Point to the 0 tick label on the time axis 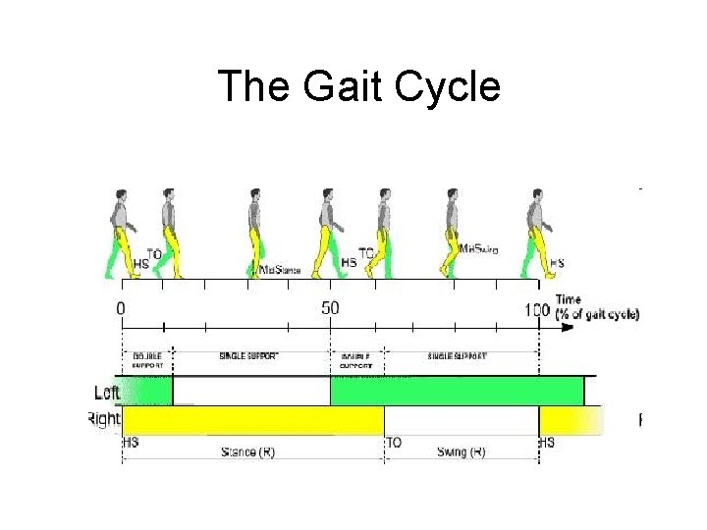[x=121, y=309]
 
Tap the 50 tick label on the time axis [x=330, y=309]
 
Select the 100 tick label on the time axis [x=536, y=310]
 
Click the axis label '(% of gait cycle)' [x=597, y=314]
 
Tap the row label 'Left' [x=107, y=392]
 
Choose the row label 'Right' [x=103, y=419]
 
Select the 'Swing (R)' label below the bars [x=461, y=451]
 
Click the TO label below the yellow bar [x=393, y=443]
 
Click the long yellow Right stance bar [x=252, y=421]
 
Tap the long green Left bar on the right [x=457, y=391]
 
